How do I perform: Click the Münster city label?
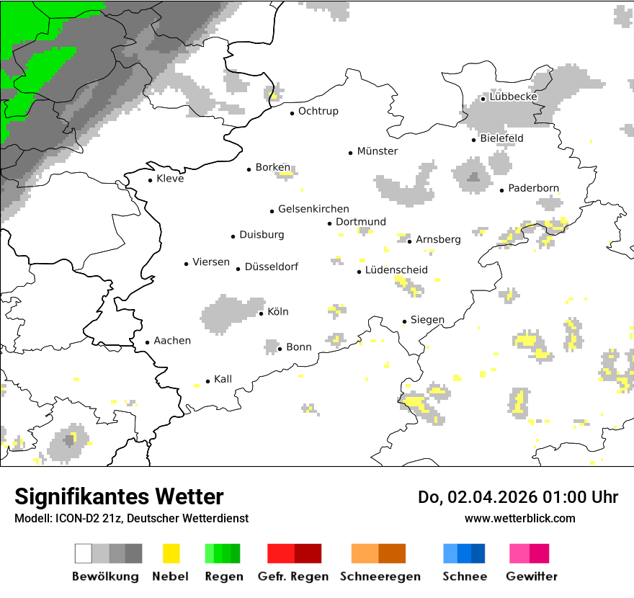point(377,151)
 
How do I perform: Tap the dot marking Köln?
point(261,313)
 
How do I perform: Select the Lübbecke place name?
point(513,97)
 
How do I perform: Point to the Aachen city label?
point(172,341)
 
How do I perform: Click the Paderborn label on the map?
point(533,189)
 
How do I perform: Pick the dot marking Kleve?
point(150,180)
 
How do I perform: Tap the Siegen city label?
point(427,320)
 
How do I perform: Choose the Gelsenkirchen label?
point(313,209)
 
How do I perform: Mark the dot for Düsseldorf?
point(238,269)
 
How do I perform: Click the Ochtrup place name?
point(318,112)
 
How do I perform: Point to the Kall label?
point(223,379)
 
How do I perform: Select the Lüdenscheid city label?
point(396,270)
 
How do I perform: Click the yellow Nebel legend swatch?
point(171,553)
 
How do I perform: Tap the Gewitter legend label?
point(532,576)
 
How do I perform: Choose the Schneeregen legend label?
point(380,576)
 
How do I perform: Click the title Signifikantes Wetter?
point(119,497)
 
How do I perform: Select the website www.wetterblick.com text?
point(519,518)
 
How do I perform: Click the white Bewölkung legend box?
point(83,553)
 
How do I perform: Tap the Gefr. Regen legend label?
point(293,576)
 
